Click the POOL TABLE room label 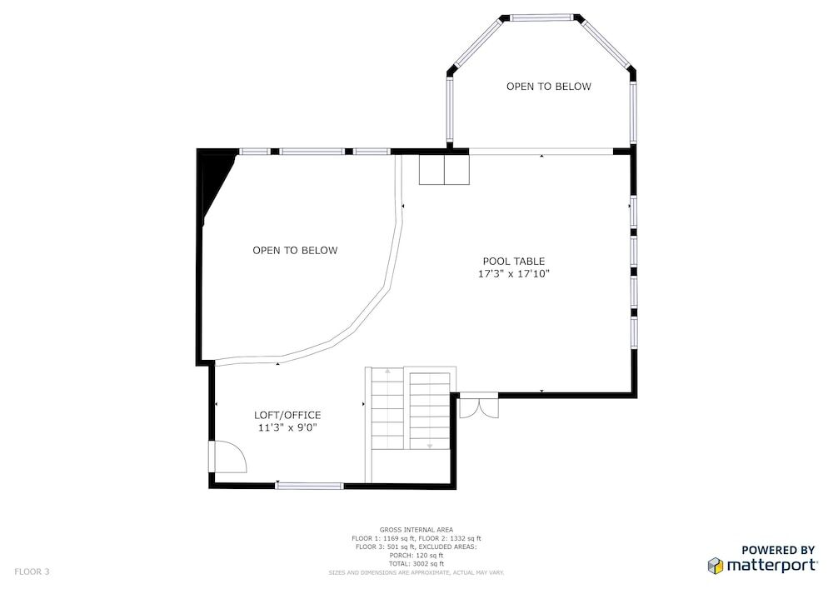click(x=514, y=262)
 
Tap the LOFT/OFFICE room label click(x=287, y=416)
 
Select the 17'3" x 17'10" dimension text click(x=514, y=274)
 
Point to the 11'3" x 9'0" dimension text click(x=287, y=428)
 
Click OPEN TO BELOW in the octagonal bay click(x=549, y=87)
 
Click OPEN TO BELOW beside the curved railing click(x=295, y=251)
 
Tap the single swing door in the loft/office click(x=228, y=457)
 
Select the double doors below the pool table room click(x=479, y=406)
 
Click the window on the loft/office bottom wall click(x=310, y=486)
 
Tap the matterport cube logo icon click(x=715, y=566)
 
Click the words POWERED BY click(x=778, y=550)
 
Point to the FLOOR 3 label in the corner click(x=32, y=572)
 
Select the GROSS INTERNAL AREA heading click(x=416, y=530)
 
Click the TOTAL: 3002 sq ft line click(x=416, y=563)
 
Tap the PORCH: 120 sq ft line click(x=416, y=555)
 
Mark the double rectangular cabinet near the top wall click(x=444, y=169)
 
